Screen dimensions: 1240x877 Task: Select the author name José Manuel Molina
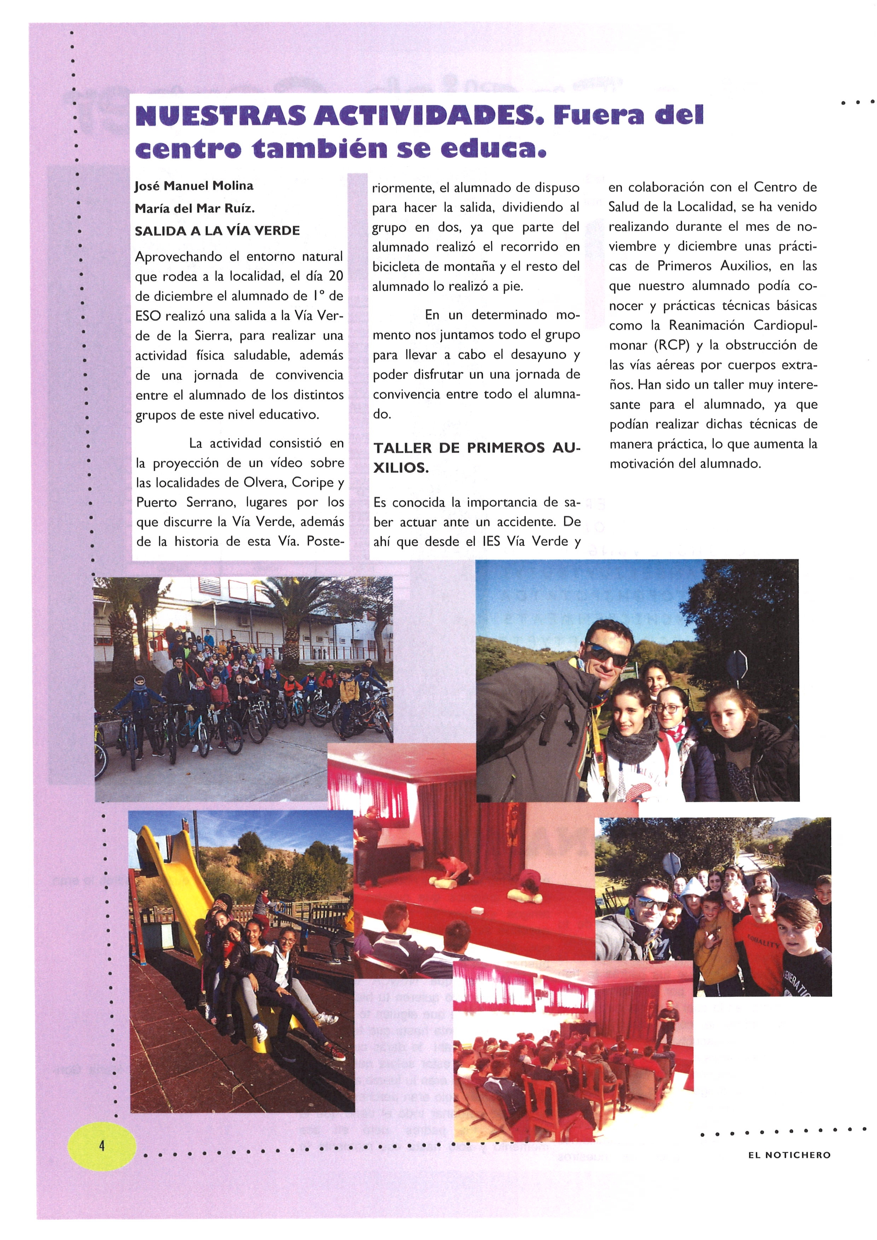(194, 186)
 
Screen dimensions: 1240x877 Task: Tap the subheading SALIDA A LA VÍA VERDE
(217, 231)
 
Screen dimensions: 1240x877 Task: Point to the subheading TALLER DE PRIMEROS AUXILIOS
(475, 458)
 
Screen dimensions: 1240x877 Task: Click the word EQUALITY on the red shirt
(763, 942)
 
